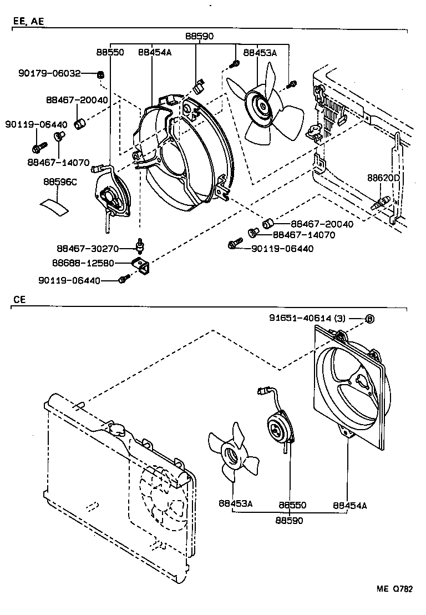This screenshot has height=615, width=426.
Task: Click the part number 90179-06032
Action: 49,73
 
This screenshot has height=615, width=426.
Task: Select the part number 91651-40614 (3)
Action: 308,318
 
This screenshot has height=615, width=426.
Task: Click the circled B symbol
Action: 370,319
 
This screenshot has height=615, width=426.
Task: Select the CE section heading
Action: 19,299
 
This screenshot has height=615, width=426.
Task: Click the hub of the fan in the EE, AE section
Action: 258,105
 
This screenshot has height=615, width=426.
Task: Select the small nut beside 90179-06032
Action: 101,74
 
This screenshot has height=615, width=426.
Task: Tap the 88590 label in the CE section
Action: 288,521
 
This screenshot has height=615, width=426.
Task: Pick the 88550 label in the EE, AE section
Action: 110,52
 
